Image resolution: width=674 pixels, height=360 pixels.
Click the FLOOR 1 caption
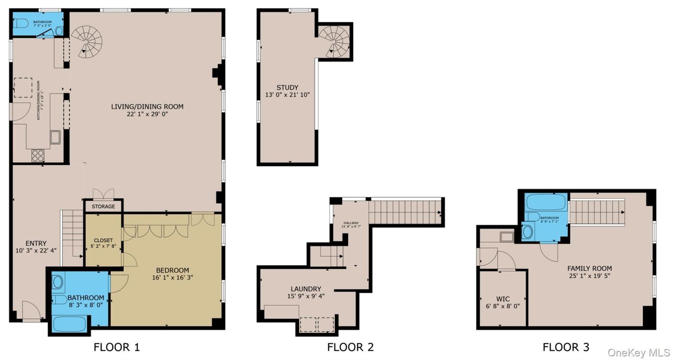[116, 347]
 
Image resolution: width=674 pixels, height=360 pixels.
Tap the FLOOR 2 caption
[350, 347]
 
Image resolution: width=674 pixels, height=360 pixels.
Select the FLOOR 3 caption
[566, 347]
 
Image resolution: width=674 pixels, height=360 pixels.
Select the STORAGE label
[103, 207]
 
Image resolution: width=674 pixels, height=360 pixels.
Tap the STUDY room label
[287, 88]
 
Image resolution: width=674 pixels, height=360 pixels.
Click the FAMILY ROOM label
[589, 268]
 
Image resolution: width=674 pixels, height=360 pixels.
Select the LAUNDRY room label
[305, 289]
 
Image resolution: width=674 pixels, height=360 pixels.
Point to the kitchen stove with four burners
[38, 155]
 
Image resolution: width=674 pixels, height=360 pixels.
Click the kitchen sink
[55, 137]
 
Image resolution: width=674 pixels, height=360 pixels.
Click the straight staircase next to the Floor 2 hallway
[405, 212]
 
